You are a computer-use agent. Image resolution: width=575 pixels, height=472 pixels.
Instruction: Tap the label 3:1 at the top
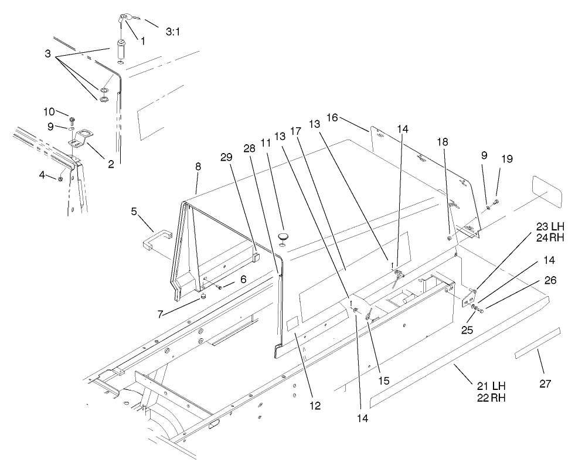click(172, 32)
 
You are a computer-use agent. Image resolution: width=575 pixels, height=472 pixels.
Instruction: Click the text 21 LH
click(490, 386)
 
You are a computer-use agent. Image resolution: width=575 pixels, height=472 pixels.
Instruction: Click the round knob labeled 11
click(283, 236)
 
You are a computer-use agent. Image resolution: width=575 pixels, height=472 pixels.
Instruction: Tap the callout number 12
click(316, 405)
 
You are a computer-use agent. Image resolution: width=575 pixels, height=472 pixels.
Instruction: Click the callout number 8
click(198, 167)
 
